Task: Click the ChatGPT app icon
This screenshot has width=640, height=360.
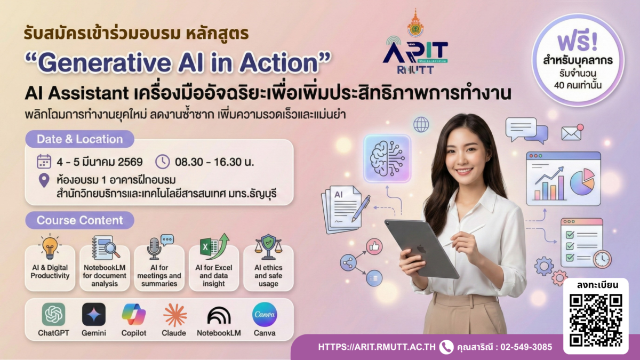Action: [53, 315]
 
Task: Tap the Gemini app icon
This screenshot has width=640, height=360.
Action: [94, 315]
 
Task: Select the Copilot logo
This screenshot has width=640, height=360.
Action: [134, 315]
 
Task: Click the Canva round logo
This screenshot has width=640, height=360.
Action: [265, 315]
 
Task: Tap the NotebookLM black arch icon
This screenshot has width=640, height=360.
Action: [219, 316]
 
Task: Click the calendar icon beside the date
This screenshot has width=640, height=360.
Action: [44, 162]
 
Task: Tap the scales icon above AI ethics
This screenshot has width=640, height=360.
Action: [268, 246]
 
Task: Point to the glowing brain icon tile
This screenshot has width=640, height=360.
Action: [387, 158]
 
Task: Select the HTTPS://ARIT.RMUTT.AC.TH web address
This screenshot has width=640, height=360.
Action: [375, 347]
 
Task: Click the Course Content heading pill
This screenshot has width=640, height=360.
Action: [79, 220]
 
